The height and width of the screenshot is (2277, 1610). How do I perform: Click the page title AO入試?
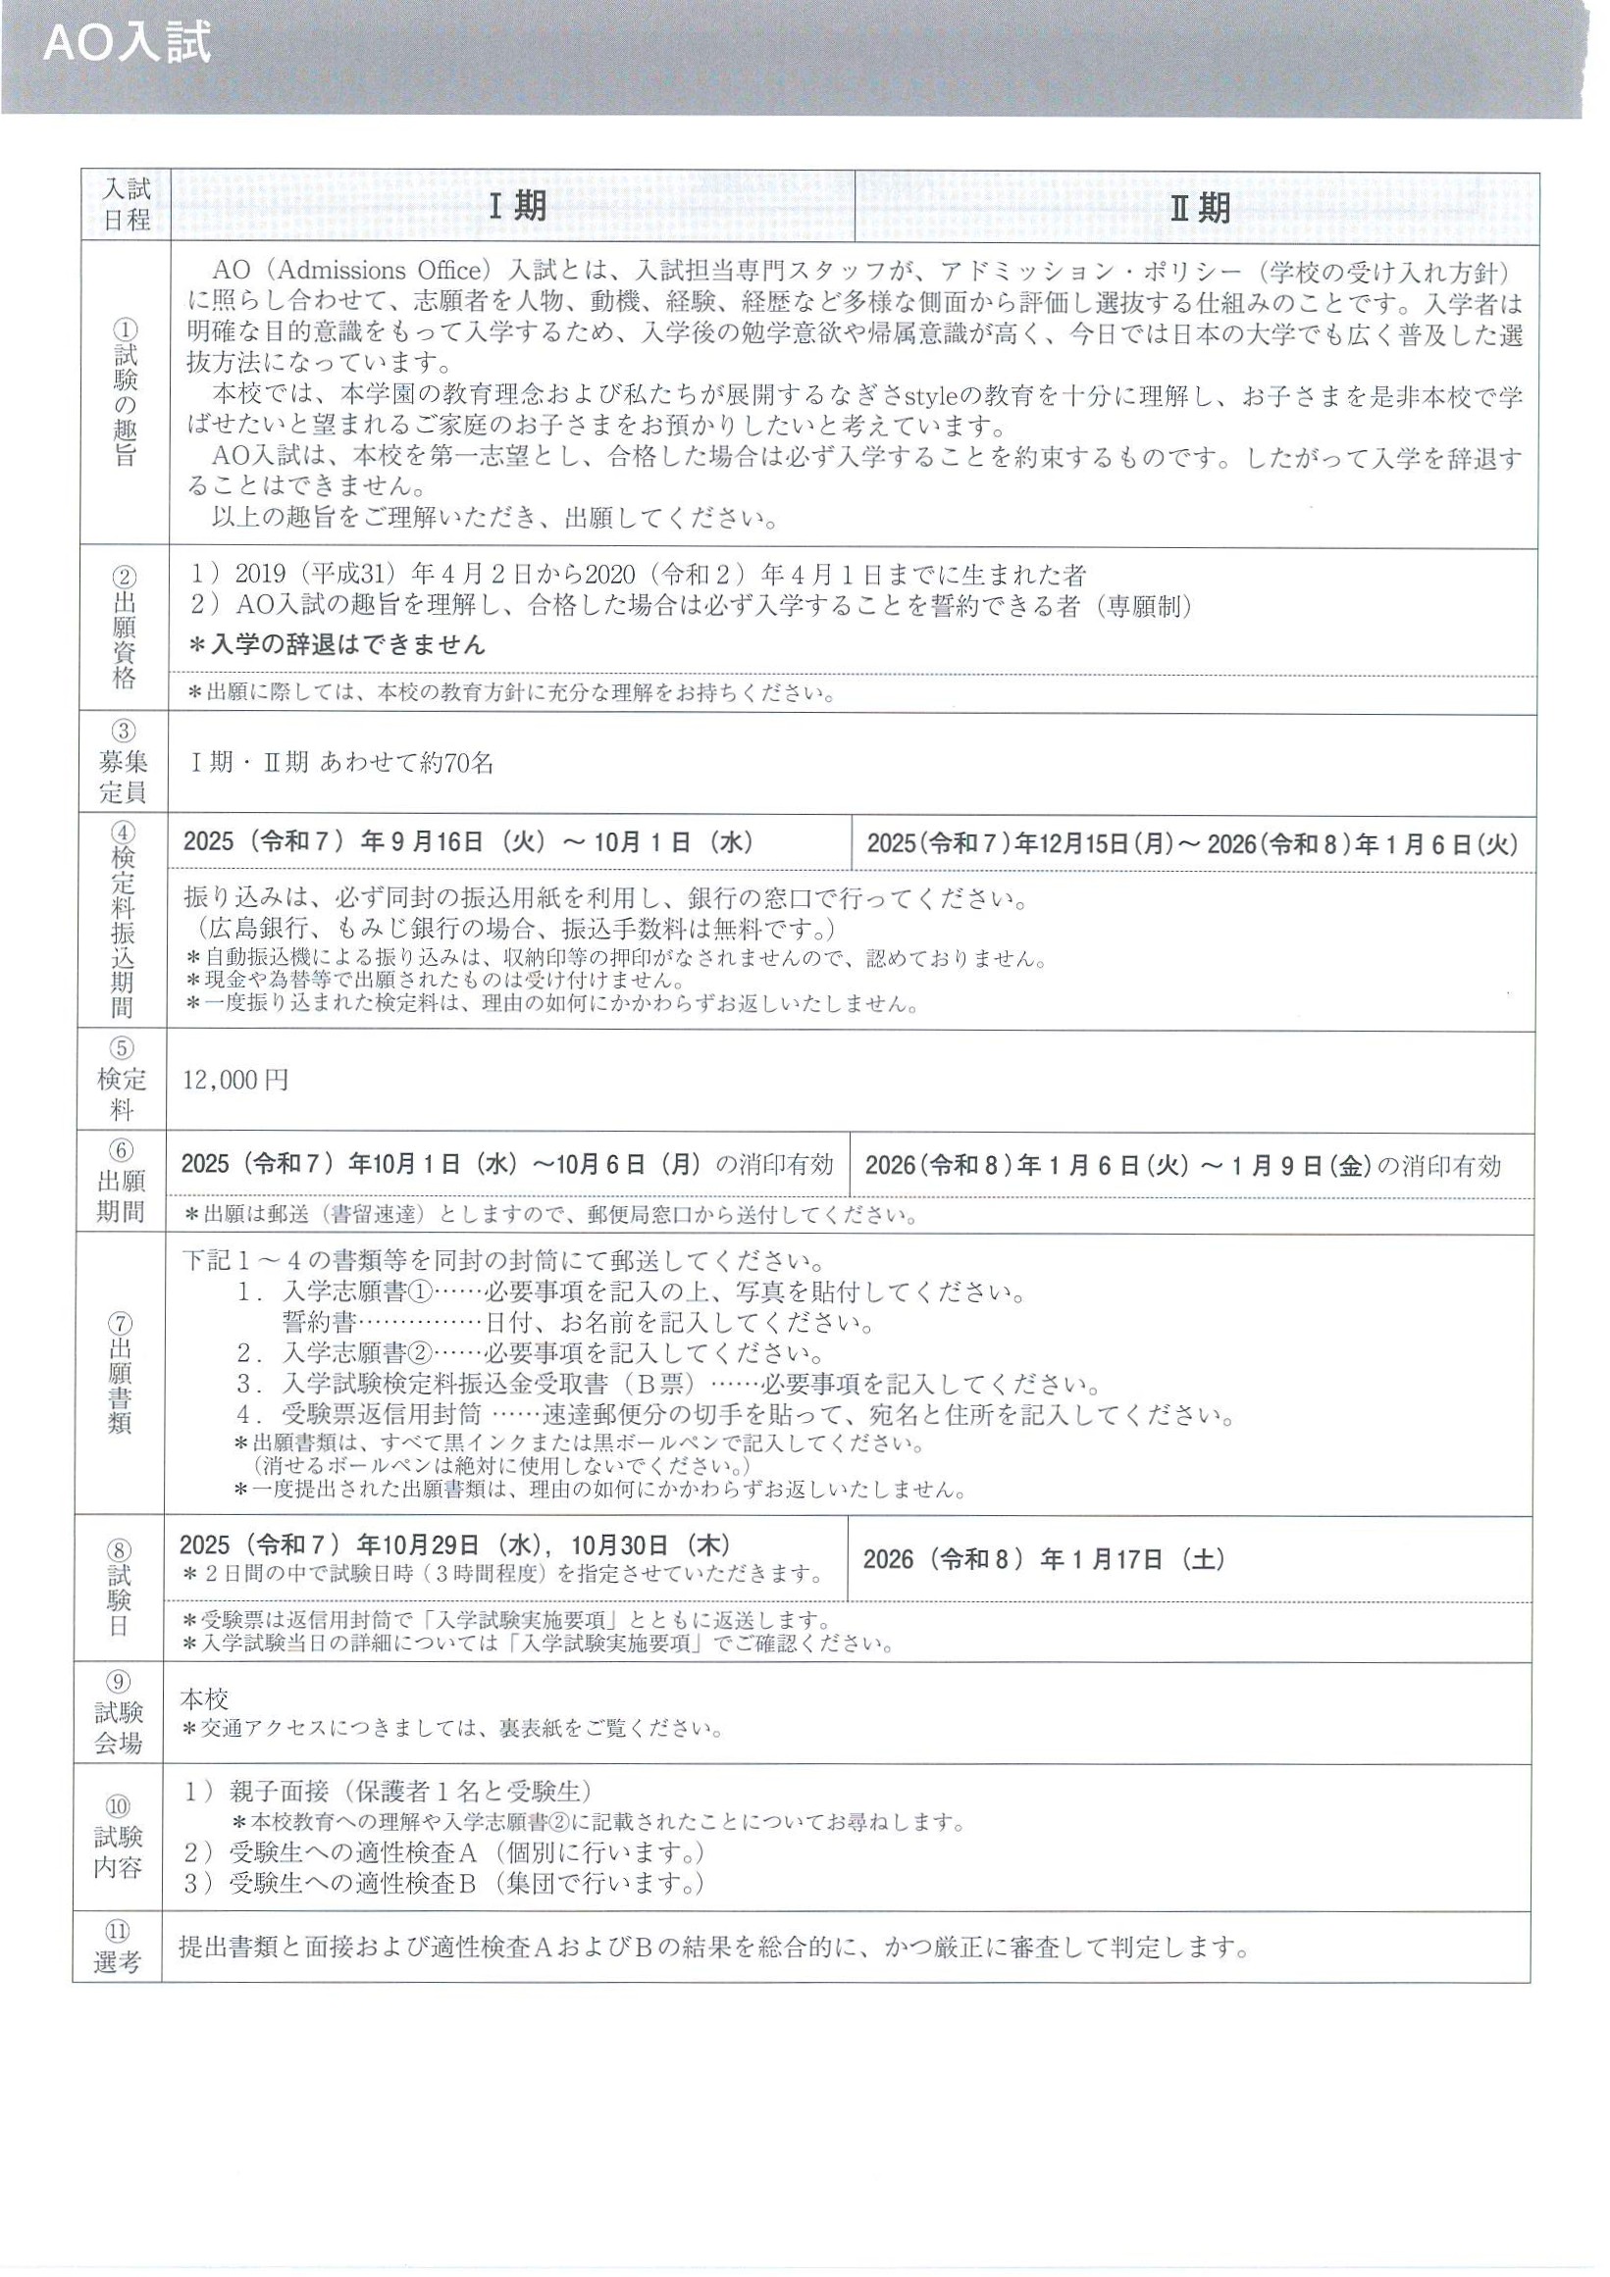click(126, 47)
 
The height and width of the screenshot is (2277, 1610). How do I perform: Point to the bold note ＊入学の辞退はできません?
click(338, 644)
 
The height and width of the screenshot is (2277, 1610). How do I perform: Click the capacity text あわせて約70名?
click(406, 762)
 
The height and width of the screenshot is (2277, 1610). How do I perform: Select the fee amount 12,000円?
click(236, 1080)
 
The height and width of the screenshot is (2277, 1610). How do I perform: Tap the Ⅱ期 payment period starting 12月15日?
click(1192, 844)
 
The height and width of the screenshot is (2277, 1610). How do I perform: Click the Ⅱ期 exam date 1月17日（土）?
click(1043, 1559)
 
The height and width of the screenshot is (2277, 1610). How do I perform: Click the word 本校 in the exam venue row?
click(204, 1697)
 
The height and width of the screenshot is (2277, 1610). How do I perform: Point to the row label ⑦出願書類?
click(120, 1374)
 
